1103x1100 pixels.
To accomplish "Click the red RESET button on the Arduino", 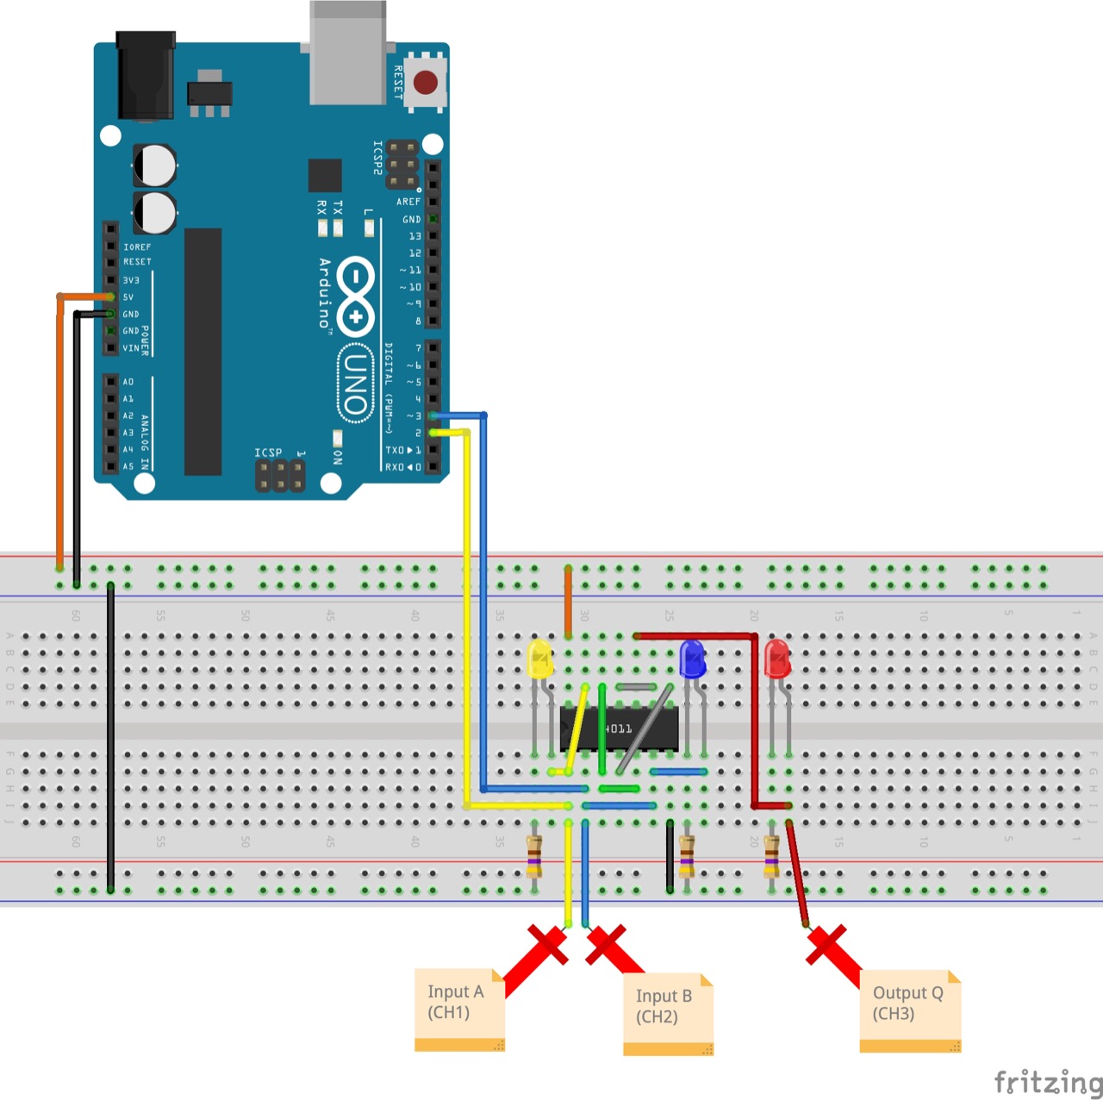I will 426,83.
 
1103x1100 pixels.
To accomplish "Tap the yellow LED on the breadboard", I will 539,659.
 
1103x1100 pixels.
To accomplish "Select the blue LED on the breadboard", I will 692,659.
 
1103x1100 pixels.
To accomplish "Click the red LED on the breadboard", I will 776,659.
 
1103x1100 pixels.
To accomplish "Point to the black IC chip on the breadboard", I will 619,729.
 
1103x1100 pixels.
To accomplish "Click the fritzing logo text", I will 1047,1082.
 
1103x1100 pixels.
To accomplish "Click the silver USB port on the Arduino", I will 347,52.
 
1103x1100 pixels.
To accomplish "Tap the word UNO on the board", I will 355,384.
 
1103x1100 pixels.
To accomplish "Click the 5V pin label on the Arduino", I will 128,297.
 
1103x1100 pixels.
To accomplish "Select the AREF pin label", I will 408,202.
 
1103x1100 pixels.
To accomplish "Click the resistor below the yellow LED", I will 534,855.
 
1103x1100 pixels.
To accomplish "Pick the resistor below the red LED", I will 771,855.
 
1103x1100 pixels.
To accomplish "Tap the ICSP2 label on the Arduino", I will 377,159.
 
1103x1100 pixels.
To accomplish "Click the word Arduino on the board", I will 325,293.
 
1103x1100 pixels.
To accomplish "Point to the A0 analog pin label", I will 128,382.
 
